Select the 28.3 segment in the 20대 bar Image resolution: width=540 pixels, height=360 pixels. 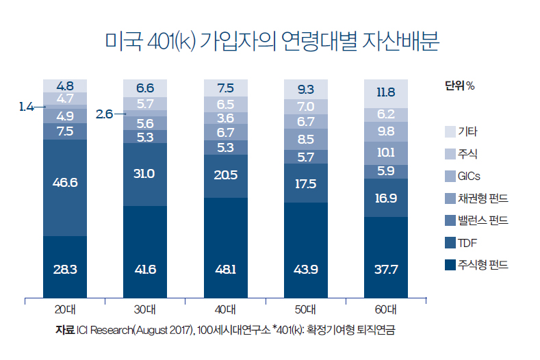coord(65,268)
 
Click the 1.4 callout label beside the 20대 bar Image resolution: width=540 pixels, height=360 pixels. coord(27,107)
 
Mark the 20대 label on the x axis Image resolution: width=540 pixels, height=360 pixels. coord(65,309)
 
